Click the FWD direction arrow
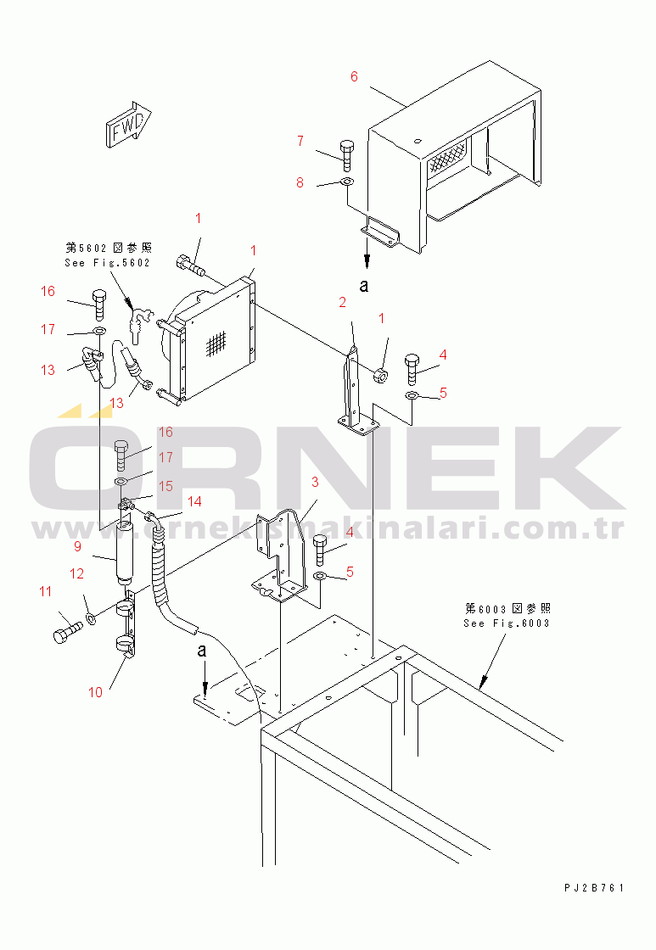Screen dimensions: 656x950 point(128,124)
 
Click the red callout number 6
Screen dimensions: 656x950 point(354,76)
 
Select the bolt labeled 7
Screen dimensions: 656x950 point(346,155)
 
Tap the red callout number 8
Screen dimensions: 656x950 point(300,182)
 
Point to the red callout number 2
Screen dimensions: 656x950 point(343,302)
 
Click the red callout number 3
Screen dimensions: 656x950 point(315,482)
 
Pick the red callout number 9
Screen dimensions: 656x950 point(77,546)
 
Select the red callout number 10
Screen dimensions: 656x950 point(95,692)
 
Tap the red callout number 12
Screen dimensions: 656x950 point(76,573)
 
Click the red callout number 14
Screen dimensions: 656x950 point(194,501)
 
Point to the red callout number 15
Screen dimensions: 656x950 point(165,486)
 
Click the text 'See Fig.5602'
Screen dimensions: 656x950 point(107,263)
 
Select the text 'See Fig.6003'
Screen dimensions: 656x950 point(507,623)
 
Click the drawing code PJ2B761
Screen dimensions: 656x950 point(594,887)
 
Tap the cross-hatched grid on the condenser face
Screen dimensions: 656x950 point(216,345)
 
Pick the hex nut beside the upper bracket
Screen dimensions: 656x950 point(381,376)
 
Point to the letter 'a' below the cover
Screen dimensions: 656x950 point(364,285)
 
